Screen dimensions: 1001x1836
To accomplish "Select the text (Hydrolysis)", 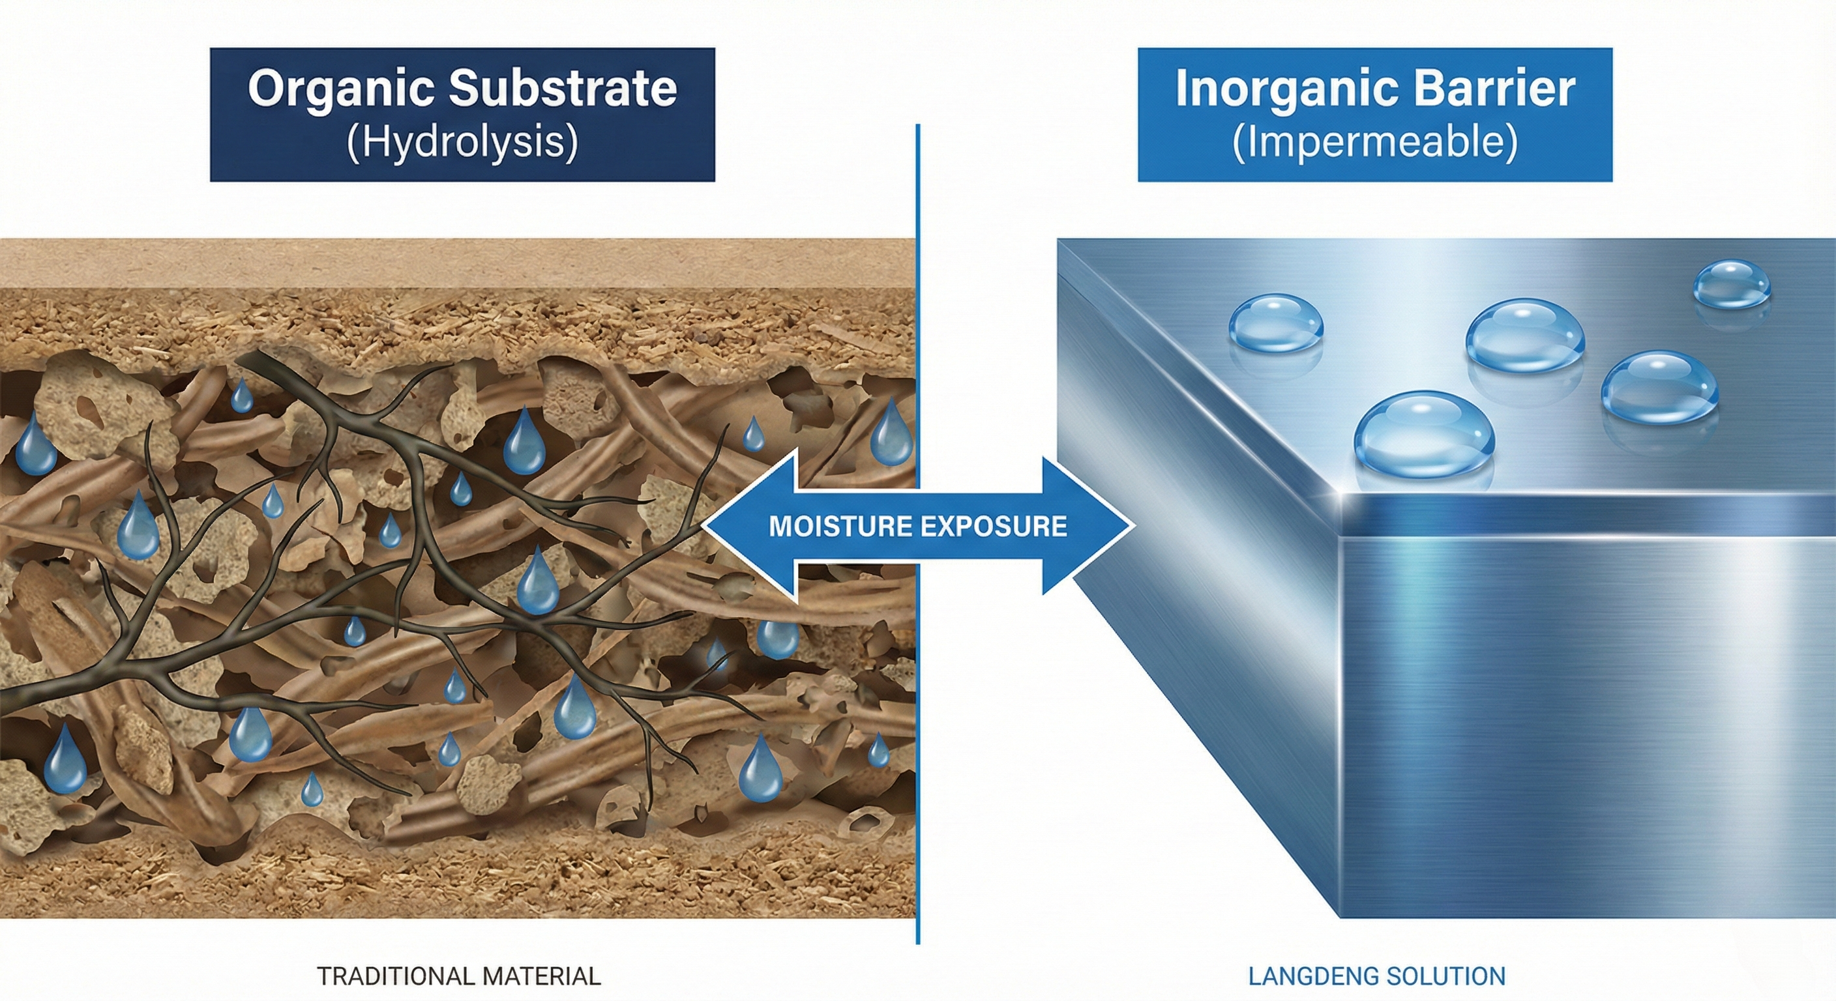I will pyautogui.click(x=462, y=143).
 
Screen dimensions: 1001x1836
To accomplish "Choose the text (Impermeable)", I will pyautogui.click(x=1374, y=143).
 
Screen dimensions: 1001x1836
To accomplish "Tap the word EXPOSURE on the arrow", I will pyautogui.click(x=994, y=527).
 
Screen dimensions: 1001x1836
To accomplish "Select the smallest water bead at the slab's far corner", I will pyautogui.click(x=1730, y=283).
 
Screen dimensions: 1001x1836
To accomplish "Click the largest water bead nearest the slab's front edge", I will pyautogui.click(x=1423, y=434).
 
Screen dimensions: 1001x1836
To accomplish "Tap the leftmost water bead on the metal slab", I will pyautogui.click(x=1276, y=324).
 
